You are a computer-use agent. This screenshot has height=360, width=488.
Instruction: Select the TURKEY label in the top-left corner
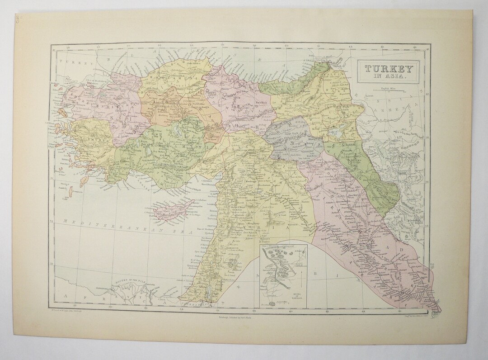[72, 64]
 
